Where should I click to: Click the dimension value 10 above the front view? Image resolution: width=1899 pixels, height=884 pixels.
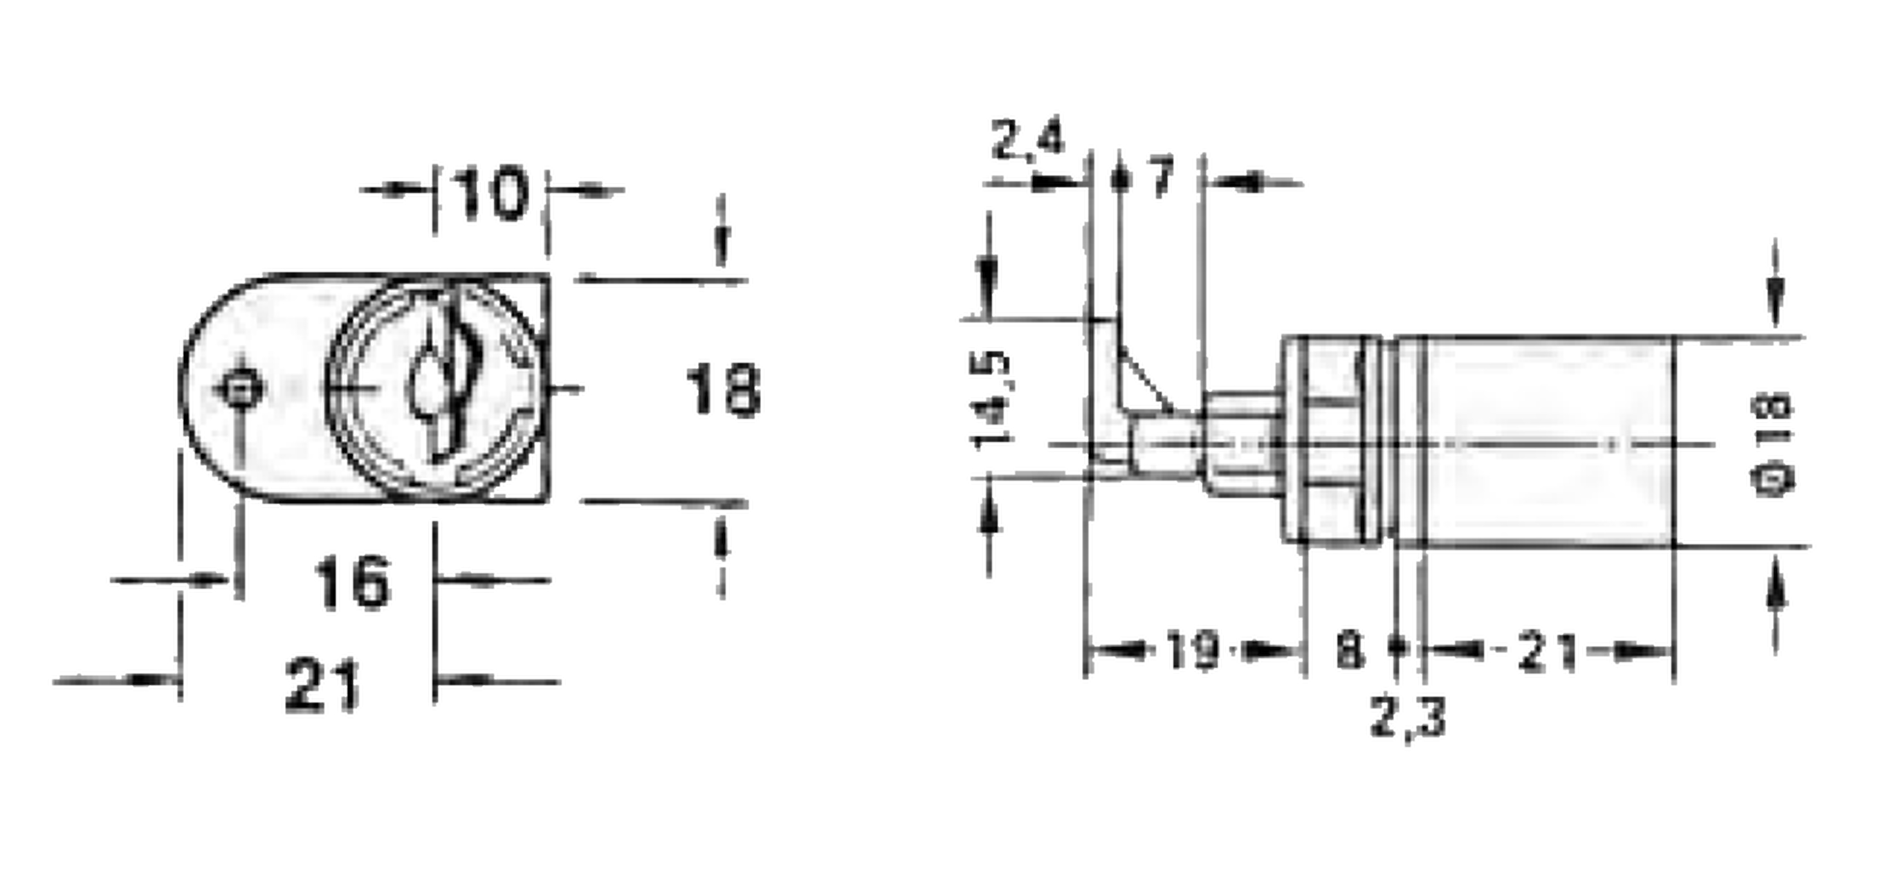(x=490, y=194)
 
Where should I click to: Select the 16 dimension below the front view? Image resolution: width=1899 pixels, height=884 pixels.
(x=353, y=582)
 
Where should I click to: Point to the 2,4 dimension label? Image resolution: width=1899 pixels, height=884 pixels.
(x=1027, y=140)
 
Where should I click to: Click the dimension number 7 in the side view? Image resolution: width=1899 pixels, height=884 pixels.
(x=1162, y=178)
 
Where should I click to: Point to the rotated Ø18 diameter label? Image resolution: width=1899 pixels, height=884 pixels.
(x=1772, y=445)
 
